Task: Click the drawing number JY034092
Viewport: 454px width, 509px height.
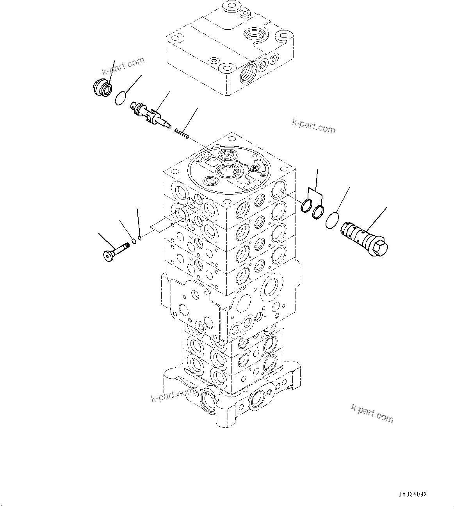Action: [x=413, y=494]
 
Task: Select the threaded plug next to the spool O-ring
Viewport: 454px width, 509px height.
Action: [x=102, y=87]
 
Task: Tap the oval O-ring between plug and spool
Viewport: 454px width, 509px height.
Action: [x=121, y=98]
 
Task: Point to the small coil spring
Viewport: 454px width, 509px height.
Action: [x=182, y=133]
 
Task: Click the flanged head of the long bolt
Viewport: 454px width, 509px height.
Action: [x=108, y=255]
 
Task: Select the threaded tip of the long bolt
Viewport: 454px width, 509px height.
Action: [x=126, y=246]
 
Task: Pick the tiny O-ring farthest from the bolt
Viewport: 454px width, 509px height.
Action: [x=140, y=237]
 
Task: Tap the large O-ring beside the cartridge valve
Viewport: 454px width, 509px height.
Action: [x=333, y=220]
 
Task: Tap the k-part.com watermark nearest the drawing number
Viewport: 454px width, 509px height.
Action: [x=372, y=413]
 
